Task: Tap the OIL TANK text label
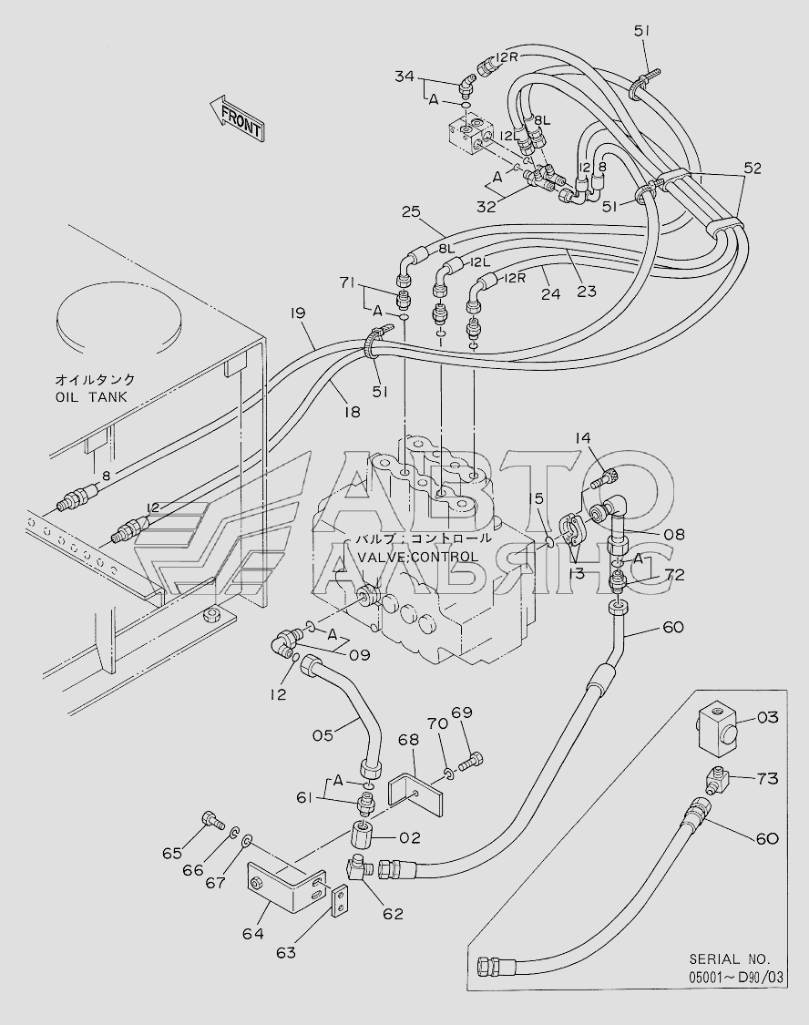pyautogui.click(x=91, y=397)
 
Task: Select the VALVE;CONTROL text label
pyautogui.click(x=417, y=557)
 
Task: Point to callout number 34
pyautogui.click(x=404, y=77)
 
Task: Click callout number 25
pyautogui.click(x=411, y=211)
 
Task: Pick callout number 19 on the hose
pyautogui.click(x=298, y=313)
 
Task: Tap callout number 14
pyautogui.click(x=583, y=438)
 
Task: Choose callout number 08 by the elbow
pyautogui.click(x=674, y=535)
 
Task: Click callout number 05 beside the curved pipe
pyautogui.click(x=323, y=735)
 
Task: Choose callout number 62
pyautogui.click(x=394, y=914)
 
